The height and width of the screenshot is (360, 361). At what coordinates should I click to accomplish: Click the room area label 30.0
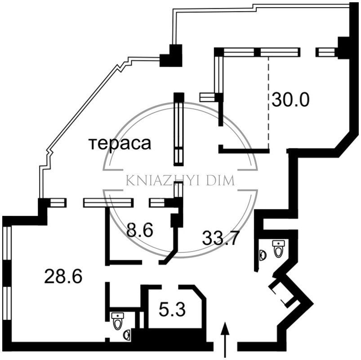tap(290, 100)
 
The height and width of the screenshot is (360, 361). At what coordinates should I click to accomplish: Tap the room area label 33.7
tap(219, 238)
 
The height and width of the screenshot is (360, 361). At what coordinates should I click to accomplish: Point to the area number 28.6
tap(63, 276)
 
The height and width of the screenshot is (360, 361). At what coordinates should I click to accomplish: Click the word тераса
tap(120, 144)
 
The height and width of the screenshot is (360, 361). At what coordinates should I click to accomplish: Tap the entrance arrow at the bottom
tap(225, 340)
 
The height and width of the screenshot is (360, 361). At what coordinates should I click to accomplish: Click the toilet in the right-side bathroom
tap(278, 248)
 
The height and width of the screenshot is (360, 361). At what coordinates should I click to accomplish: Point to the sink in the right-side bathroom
tap(263, 255)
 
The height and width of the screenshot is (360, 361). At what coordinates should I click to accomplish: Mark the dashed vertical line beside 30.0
tap(268, 103)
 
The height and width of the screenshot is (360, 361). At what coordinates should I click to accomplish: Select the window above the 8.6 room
tap(108, 202)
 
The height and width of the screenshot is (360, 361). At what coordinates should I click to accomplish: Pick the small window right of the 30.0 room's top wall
tap(325, 52)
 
